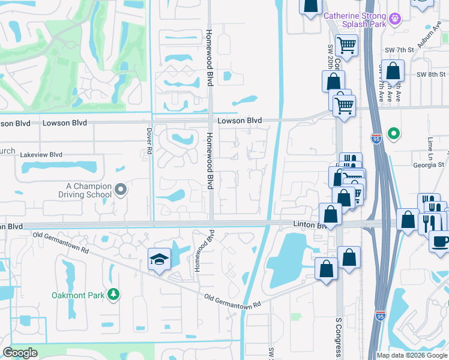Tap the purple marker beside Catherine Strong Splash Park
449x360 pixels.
click(x=395, y=19)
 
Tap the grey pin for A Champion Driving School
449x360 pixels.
click(x=121, y=190)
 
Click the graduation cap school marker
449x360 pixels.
click(x=160, y=259)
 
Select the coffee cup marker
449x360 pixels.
click(x=441, y=242)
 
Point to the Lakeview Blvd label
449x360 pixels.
click(x=41, y=154)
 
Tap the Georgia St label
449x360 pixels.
click(x=427, y=164)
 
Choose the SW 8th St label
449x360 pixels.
click(x=429, y=74)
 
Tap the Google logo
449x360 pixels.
click(x=20, y=352)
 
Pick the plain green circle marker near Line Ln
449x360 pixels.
click(x=394, y=133)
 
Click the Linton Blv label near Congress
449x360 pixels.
click(x=309, y=224)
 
